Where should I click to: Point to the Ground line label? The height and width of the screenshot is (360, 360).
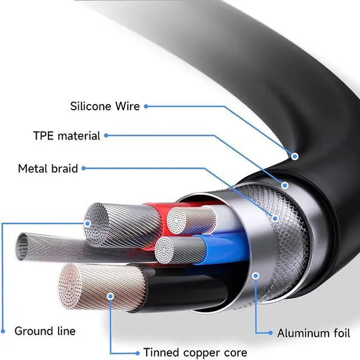tap(45, 331)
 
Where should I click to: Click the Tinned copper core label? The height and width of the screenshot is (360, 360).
tap(195, 353)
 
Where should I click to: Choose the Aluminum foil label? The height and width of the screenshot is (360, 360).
tap(314, 333)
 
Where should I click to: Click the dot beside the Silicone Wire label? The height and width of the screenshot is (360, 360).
tap(146, 106)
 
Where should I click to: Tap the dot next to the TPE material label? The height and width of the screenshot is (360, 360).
tap(106, 136)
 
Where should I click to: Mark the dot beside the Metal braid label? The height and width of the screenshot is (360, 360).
tap(83, 168)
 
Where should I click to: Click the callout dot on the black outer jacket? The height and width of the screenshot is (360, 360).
tap(294, 155)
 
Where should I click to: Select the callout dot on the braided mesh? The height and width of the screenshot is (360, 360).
tap(274, 217)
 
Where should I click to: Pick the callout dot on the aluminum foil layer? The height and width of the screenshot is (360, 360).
tap(256, 274)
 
